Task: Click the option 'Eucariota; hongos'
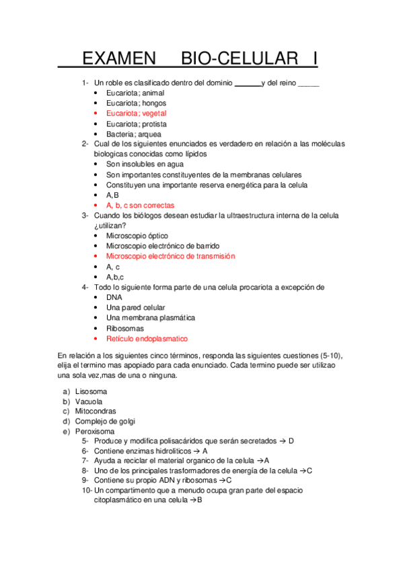(136, 104)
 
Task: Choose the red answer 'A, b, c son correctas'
(140, 205)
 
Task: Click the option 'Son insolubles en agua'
(145, 164)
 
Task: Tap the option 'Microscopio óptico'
(137, 236)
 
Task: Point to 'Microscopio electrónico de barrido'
(162, 246)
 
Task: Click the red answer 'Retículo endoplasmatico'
(147, 339)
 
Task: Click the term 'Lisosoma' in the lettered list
(91, 391)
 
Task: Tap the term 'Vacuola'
(89, 401)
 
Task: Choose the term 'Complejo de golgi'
(105, 421)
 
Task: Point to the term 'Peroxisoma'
(95, 432)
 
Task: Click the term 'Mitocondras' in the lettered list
(96, 411)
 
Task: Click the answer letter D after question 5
(291, 442)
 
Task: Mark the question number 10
(87, 491)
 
